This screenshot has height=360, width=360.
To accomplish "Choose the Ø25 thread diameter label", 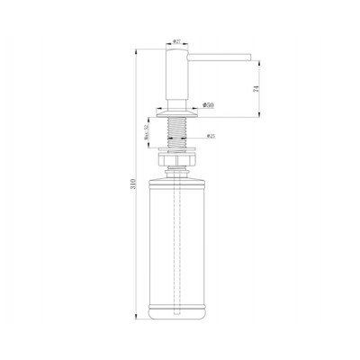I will click(x=210, y=137).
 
